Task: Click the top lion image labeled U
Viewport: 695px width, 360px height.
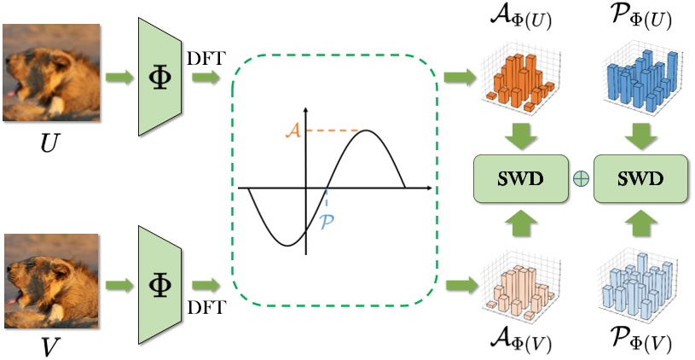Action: point(50,71)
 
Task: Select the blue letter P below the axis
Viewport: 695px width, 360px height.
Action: point(327,221)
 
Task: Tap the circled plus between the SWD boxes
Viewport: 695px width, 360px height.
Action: point(581,178)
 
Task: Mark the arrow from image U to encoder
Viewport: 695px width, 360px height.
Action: point(119,78)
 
